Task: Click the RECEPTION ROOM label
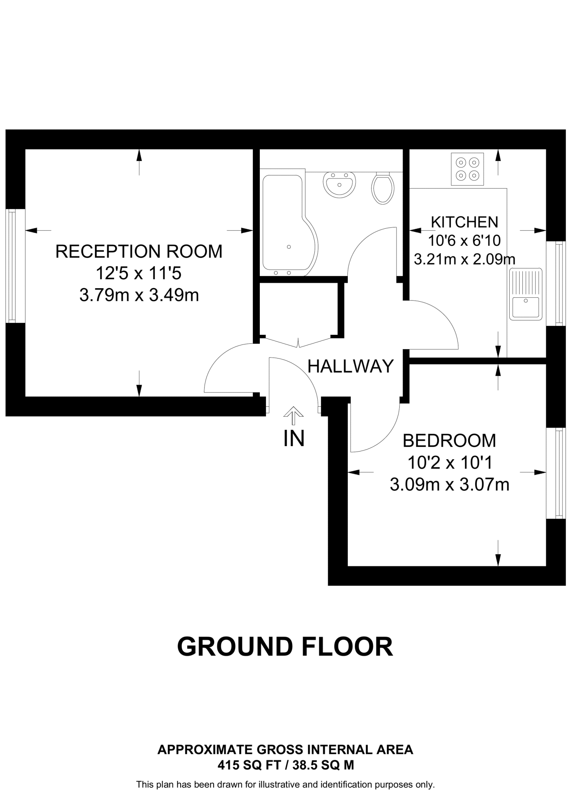(139, 251)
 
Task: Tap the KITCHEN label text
(464, 222)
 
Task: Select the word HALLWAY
(351, 366)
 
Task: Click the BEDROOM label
(449, 441)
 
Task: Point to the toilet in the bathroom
(383, 188)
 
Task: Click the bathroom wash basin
(339, 185)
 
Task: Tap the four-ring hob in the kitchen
(467, 169)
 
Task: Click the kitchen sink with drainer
(525, 294)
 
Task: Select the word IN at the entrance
(294, 439)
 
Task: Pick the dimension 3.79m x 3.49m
(139, 296)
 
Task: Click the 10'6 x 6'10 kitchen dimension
(464, 241)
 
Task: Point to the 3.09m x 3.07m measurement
(449, 485)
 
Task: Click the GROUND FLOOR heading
(285, 647)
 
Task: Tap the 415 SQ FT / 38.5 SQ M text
(285, 765)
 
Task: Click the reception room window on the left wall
(12, 266)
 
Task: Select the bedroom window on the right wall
(559, 473)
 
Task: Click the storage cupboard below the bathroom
(298, 309)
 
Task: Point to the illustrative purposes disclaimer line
(285, 785)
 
